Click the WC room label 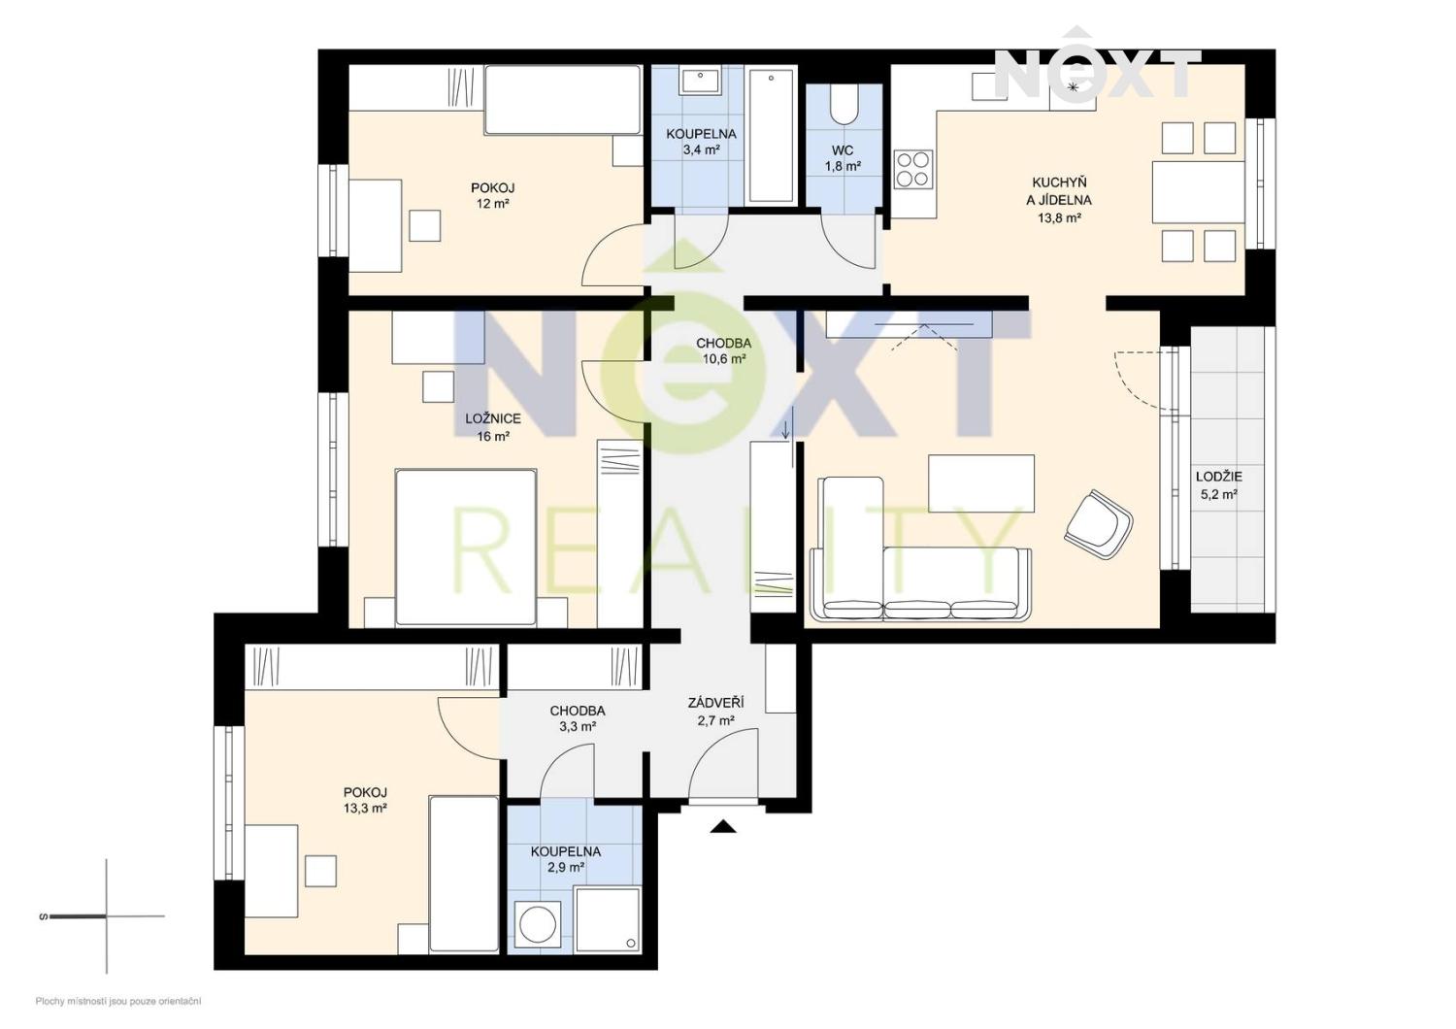click(843, 150)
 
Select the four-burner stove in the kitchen click(912, 169)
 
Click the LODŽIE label click(1219, 477)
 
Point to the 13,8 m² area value click(1059, 218)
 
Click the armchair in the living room click(1099, 524)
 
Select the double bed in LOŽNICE click(466, 547)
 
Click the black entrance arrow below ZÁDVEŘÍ click(723, 827)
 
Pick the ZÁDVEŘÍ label click(715, 704)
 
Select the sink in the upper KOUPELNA click(700, 81)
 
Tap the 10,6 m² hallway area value click(723, 358)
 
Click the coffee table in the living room click(980, 483)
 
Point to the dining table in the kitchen click(1198, 192)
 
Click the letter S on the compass click(44, 917)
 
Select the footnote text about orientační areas click(118, 1002)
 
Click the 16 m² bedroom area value click(493, 436)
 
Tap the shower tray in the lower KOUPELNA click(608, 919)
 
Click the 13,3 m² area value click(366, 808)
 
